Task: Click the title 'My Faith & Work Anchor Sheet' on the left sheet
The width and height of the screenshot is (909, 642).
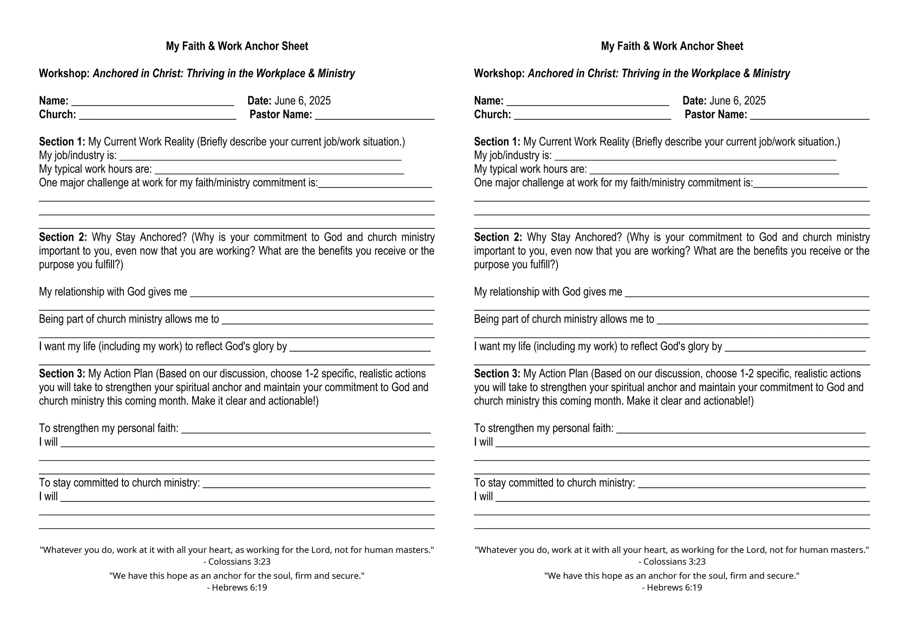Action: click(x=237, y=46)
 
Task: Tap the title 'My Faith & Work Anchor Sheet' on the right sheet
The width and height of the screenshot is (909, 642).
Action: click(x=672, y=46)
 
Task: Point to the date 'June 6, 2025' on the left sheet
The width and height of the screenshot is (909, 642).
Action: click(x=302, y=101)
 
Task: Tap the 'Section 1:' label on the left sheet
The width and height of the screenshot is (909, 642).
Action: click(x=62, y=142)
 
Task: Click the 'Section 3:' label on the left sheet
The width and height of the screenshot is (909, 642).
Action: click(x=62, y=374)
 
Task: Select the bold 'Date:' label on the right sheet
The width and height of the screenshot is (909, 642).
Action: click(x=694, y=101)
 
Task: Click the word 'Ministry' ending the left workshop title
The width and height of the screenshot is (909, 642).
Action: click(x=336, y=74)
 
